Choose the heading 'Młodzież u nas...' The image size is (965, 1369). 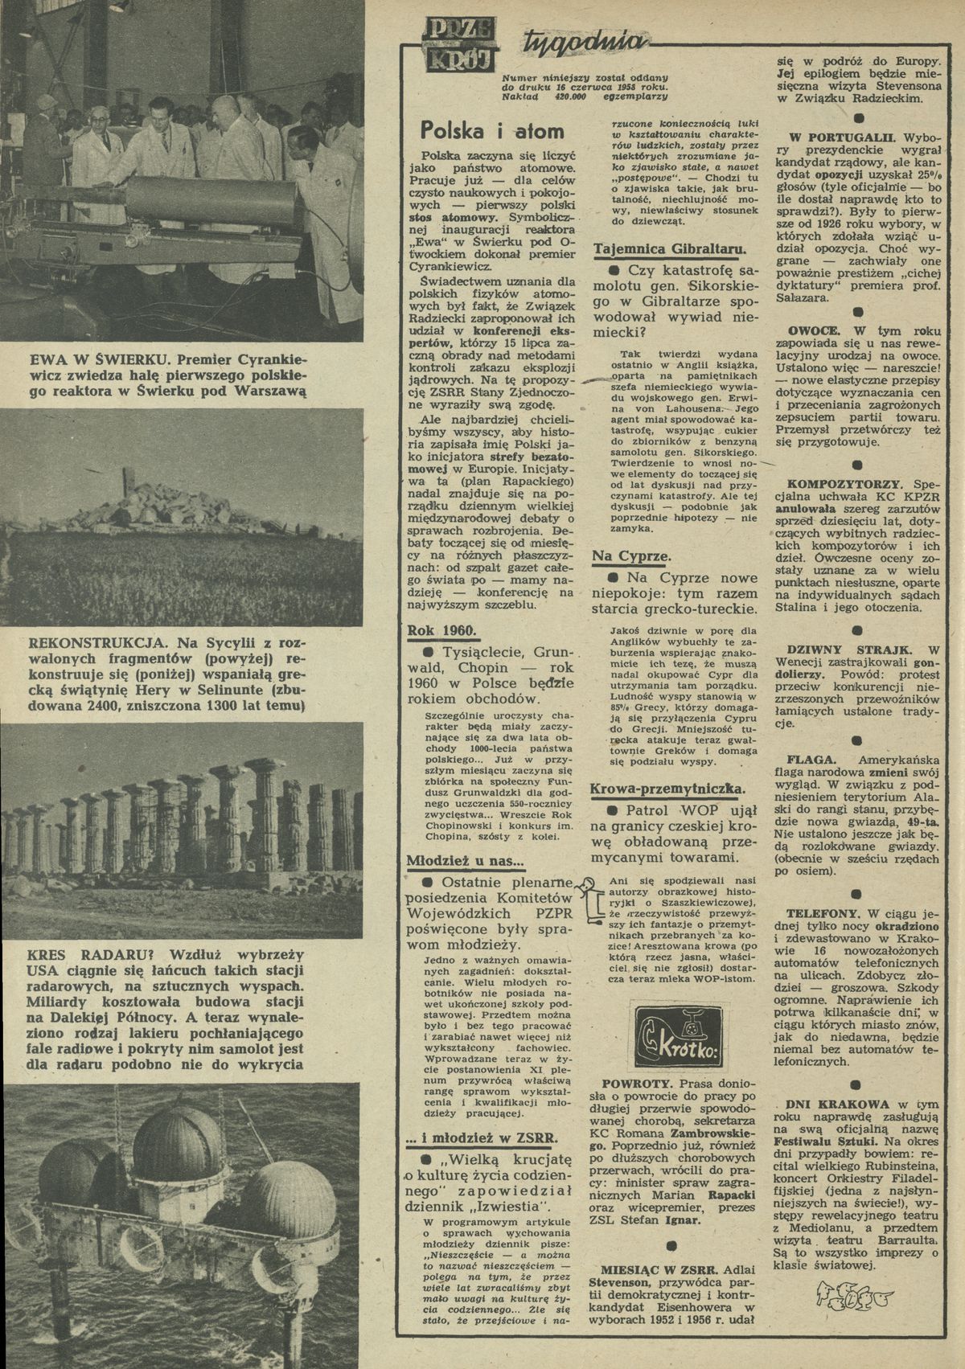pyautogui.click(x=465, y=861)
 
